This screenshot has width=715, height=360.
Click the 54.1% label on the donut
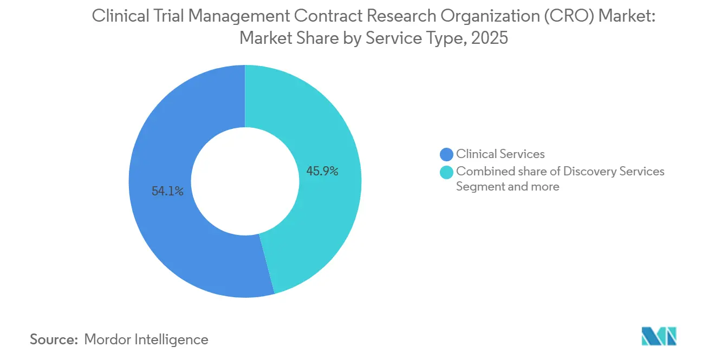(167, 191)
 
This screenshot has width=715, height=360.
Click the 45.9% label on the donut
(322, 172)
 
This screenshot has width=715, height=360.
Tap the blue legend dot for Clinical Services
(446, 155)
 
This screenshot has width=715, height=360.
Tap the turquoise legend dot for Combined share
(446, 172)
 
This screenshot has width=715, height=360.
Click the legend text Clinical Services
(500, 154)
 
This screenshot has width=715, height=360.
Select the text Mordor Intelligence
(146, 339)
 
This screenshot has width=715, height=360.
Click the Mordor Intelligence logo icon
(659, 336)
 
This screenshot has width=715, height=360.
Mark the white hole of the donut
(245, 181)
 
